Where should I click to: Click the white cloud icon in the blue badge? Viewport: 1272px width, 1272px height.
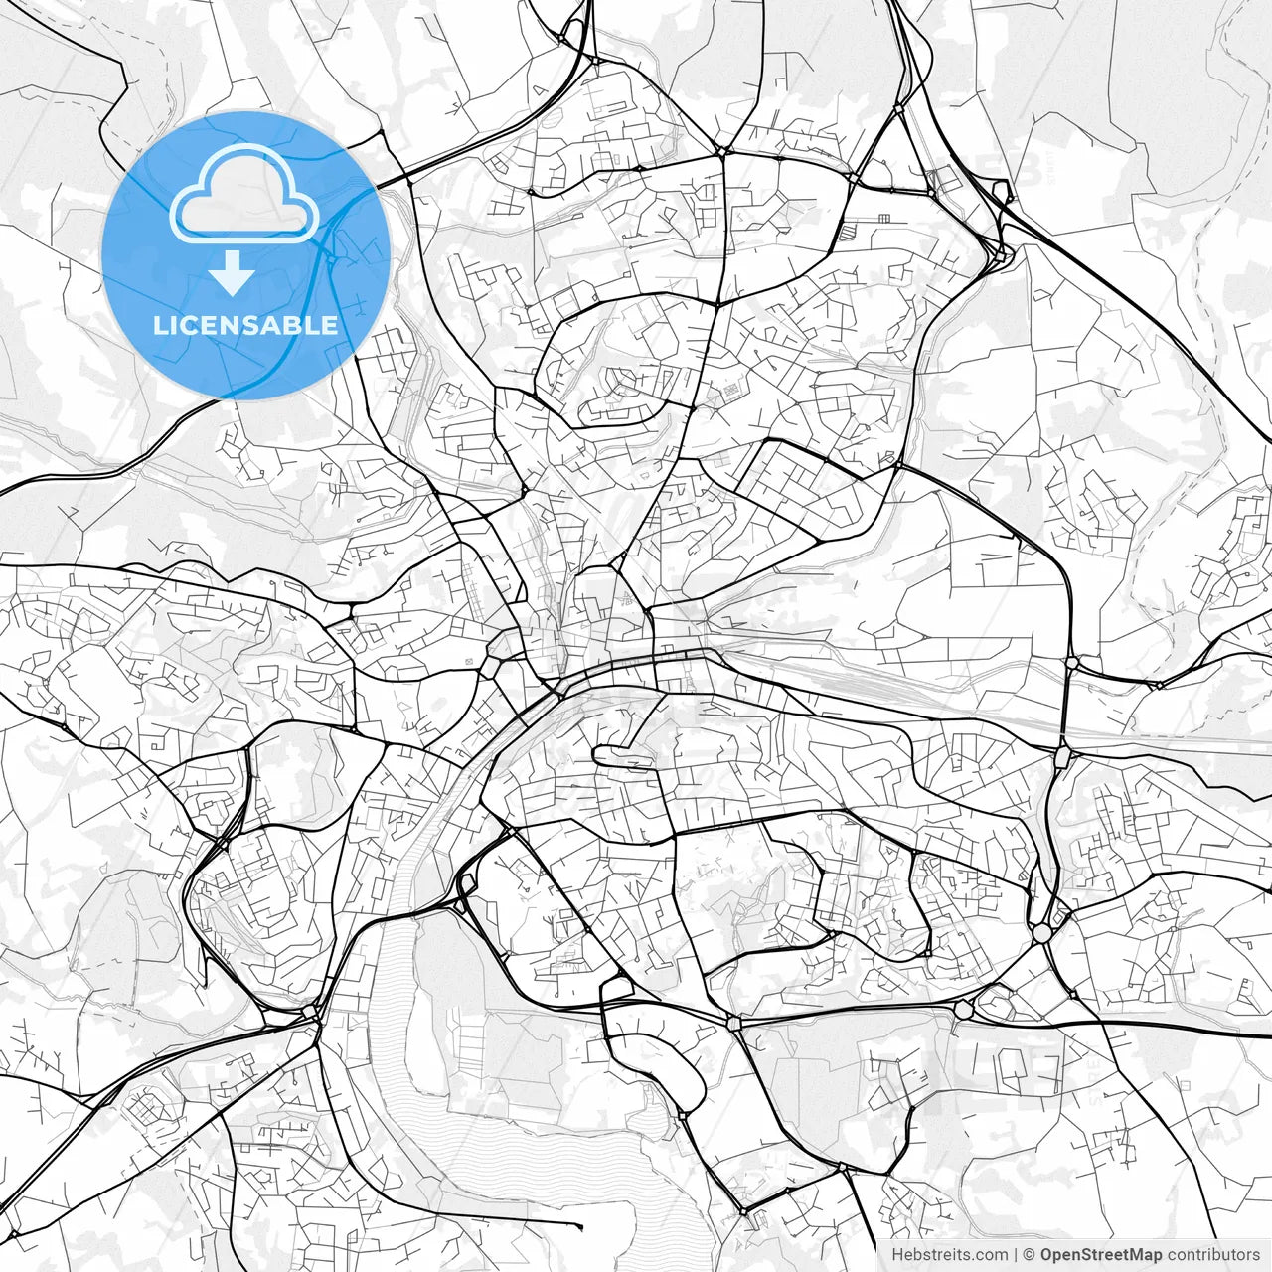tap(244, 195)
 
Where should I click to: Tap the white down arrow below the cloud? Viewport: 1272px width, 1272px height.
tap(232, 273)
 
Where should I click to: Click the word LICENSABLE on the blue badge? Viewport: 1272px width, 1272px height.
tap(244, 325)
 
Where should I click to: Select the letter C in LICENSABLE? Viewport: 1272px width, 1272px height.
tap(191, 325)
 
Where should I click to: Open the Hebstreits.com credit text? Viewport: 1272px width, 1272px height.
tap(949, 1255)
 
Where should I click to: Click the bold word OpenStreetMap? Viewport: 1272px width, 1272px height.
tap(1101, 1255)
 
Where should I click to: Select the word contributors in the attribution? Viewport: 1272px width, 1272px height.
tap(1213, 1255)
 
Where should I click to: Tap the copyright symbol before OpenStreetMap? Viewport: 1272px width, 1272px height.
tap(1031, 1255)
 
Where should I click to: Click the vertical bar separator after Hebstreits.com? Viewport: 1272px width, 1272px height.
tap(1015, 1255)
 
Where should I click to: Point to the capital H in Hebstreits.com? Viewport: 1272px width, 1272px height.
tap(897, 1255)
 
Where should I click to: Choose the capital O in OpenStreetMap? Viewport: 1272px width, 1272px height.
tap(1047, 1255)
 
